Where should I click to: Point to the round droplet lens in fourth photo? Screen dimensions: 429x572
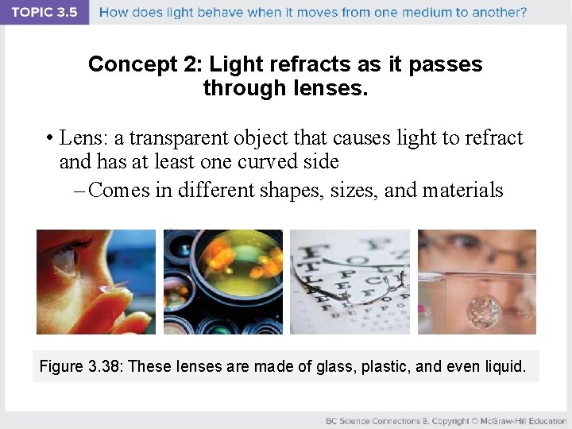(485, 311)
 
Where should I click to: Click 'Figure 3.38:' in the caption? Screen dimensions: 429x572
(81, 366)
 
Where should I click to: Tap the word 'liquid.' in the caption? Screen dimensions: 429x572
(503, 366)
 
